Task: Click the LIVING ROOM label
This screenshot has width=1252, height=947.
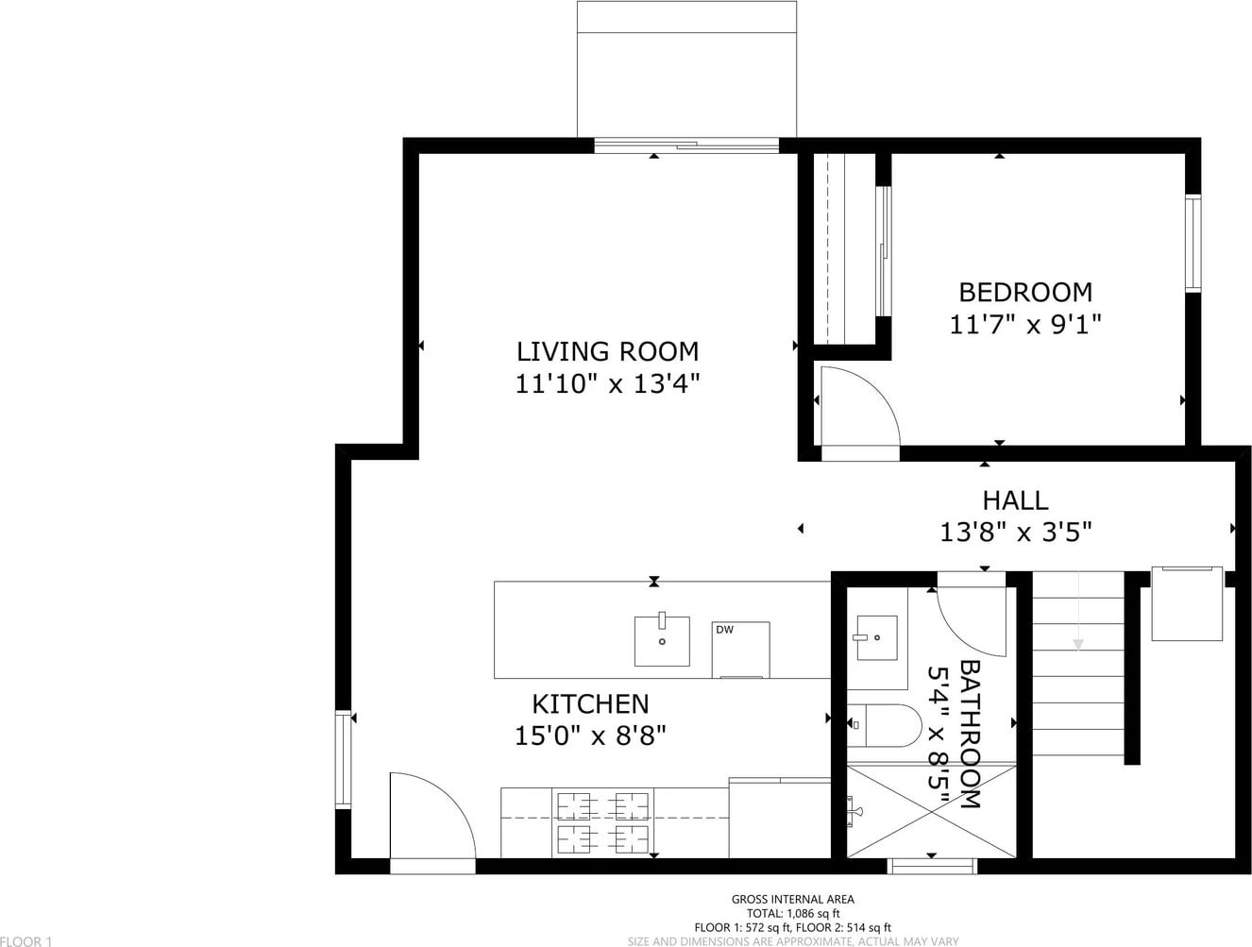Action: [x=607, y=352]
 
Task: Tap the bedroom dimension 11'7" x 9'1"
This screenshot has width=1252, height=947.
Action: [x=1025, y=325]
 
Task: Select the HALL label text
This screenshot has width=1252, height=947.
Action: [x=1015, y=500]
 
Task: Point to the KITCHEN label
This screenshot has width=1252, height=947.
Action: [x=590, y=704]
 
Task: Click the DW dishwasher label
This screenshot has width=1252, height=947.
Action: [x=724, y=630]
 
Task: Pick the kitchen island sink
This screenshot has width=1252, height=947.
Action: [x=662, y=640]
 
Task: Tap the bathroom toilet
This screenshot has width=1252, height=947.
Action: [x=884, y=725]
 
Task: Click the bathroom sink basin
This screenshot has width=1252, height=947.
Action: [x=877, y=637]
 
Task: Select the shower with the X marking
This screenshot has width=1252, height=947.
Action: [x=931, y=811]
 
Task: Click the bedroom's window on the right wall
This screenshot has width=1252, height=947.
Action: [x=1193, y=244]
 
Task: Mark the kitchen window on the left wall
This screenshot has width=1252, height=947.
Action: [x=343, y=759]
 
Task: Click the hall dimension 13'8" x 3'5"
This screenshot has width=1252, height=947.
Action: [x=1015, y=533]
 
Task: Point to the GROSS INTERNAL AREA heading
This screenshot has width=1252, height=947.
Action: [x=793, y=899]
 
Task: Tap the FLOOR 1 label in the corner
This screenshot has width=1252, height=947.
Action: [x=26, y=941]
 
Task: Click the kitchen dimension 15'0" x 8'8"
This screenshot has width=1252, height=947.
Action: [x=590, y=736]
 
